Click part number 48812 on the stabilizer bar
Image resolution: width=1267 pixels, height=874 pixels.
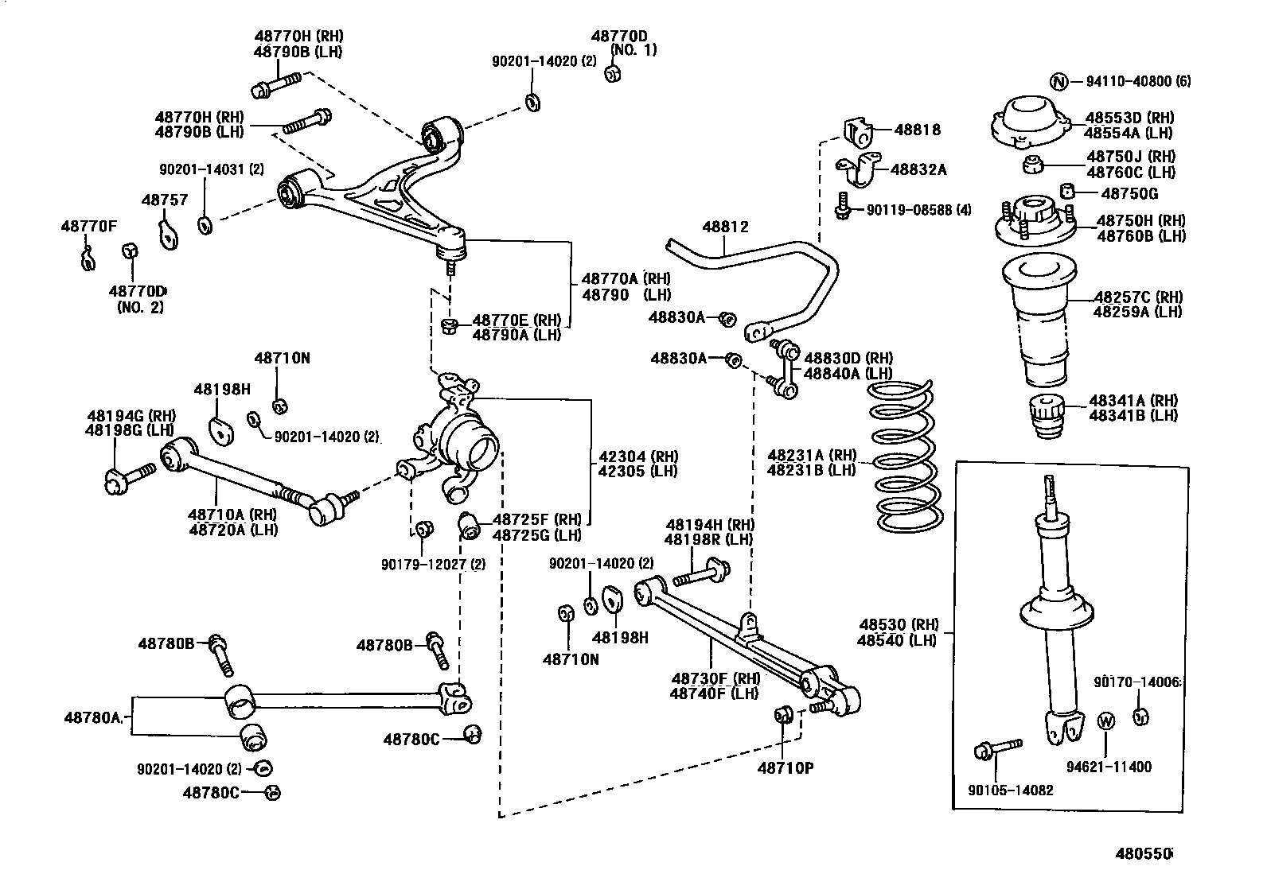coord(725,227)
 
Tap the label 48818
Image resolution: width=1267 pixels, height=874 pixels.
coord(917,130)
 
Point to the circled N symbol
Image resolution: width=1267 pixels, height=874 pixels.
coord(1058,81)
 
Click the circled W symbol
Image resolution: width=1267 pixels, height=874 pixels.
coord(1106,721)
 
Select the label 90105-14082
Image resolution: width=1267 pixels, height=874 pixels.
coord(1011,790)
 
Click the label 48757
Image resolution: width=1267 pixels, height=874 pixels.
coord(165,200)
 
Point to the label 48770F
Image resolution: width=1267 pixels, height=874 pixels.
coord(89,227)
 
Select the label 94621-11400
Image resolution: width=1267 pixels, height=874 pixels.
coord(1109,767)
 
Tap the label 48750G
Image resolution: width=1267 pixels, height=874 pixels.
coord(1129,194)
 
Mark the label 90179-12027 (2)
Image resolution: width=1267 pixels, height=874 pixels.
coord(433,565)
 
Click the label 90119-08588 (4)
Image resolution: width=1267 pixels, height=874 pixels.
coord(918,211)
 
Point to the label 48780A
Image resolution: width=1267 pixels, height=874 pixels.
coord(92,717)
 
